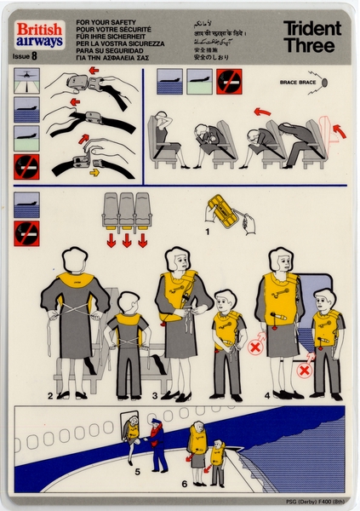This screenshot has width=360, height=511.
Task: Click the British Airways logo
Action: (38, 34)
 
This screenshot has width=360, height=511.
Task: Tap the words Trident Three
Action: (311, 37)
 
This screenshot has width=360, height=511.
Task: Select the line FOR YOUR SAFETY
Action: (103, 18)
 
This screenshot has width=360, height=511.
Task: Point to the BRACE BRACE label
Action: (295, 83)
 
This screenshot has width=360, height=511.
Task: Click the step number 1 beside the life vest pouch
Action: (207, 229)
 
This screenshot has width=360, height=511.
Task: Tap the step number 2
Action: (50, 396)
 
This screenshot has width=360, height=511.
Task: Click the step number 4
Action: (266, 395)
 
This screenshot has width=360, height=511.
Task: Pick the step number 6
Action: (184, 484)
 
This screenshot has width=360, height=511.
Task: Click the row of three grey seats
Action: (126, 210)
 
